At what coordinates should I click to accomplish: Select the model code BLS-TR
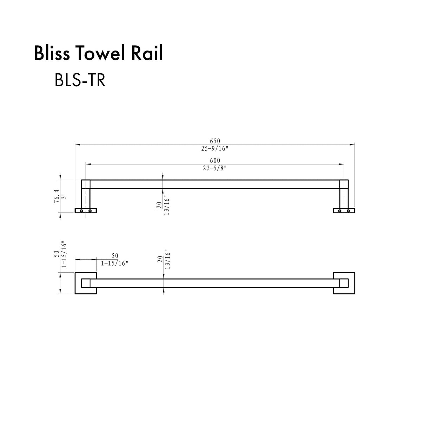click(80, 80)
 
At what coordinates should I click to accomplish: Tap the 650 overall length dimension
click(215, 141)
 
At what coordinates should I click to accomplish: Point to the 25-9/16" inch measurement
click(215, 148)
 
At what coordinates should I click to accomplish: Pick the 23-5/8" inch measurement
click(215, 168)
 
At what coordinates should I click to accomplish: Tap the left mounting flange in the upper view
click(86, 211)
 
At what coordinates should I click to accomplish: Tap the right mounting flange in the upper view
click(344, 211)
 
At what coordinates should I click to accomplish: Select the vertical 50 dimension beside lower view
click(56, 254)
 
